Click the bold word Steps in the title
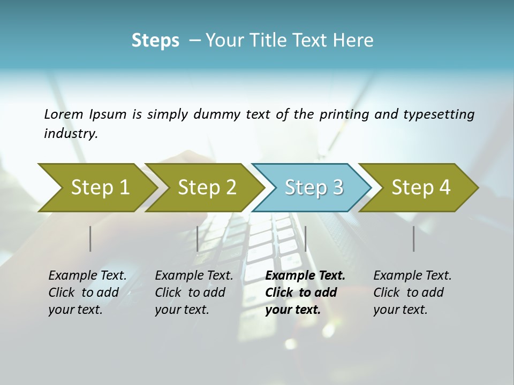click(x=155, y=41)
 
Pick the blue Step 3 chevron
click(x=314, y=187)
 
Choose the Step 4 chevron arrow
click(x=421, y=187)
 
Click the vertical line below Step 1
click(x=90, y=238)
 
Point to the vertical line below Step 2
click(x=198, y=238)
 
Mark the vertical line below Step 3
click(x=305, y=238)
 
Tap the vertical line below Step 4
click(x=414, y=238)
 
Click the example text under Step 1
click(x=87, y=292)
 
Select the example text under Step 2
click(x=194, y=292)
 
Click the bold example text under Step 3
click(x=305, y=292)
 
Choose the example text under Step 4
click(x=412, y=292)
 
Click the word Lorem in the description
click(x=64, y=114)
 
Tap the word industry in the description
click(x=71, y=134)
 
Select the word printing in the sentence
click(x=343, y=114)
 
